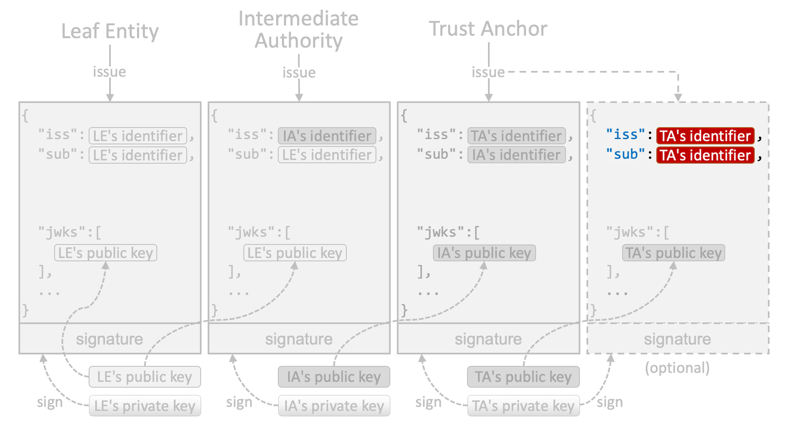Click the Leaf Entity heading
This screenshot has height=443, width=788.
click(x=110, y=31)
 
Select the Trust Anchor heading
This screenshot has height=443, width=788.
click(x=488, y=29)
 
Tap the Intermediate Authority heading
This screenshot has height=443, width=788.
click(x=298, y=30)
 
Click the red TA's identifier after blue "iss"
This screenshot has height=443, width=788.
click(x=705, y=136)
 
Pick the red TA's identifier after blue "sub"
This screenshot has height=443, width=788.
click(x=705, y=155)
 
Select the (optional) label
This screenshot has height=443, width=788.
click(x=677, y=368)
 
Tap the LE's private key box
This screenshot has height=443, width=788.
click(x=145, y=406)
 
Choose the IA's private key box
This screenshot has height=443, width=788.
click(x=334, y=406)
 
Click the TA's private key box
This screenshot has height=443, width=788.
click(x=523, y=406)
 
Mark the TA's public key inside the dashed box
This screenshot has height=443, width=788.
click(x=673, y=253)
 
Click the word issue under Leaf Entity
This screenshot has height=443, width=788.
click(x=109, y=72)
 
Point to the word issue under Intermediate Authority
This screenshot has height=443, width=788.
click(x=299, y=73)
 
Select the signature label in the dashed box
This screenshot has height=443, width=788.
click(x=677, y=339)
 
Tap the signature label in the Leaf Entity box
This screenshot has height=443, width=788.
click(x=110, y=339)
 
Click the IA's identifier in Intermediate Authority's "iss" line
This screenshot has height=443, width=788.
click(x=327, y=136)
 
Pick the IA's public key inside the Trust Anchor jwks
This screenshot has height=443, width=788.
click(x=484, y=253)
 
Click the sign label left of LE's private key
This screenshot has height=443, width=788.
click(x=50, y=402)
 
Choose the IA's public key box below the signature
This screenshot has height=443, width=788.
click(x=334, y=377)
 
